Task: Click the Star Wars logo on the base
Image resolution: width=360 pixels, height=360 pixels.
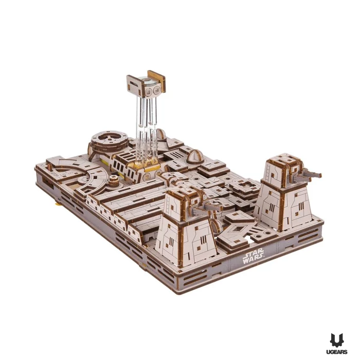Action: pyautogui.click(x=253, y=256)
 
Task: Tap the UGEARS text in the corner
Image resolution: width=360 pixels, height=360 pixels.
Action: pyautogui.click(x=338, y=352)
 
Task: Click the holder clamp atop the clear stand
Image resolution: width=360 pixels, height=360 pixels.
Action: pyautogui.click(x=146, y=84)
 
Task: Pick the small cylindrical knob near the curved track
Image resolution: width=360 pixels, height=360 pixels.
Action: pyautogui.click(x=114, y=180)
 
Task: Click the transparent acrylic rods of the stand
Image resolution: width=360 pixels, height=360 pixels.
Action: pyautogui.click(x=147, y=129)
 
